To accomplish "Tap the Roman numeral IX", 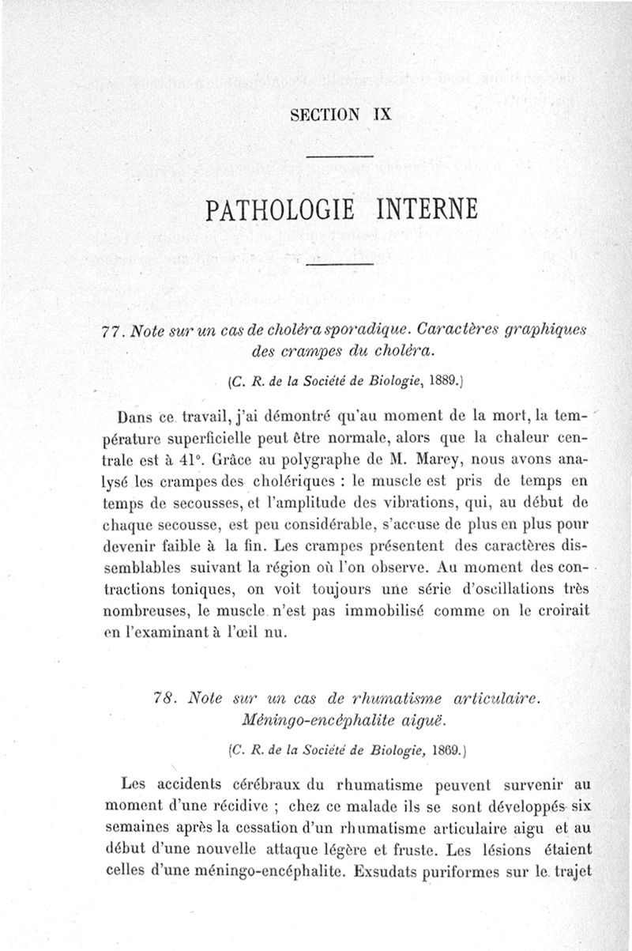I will tap(382, 113).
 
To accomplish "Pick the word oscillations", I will tap(489, 591).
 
